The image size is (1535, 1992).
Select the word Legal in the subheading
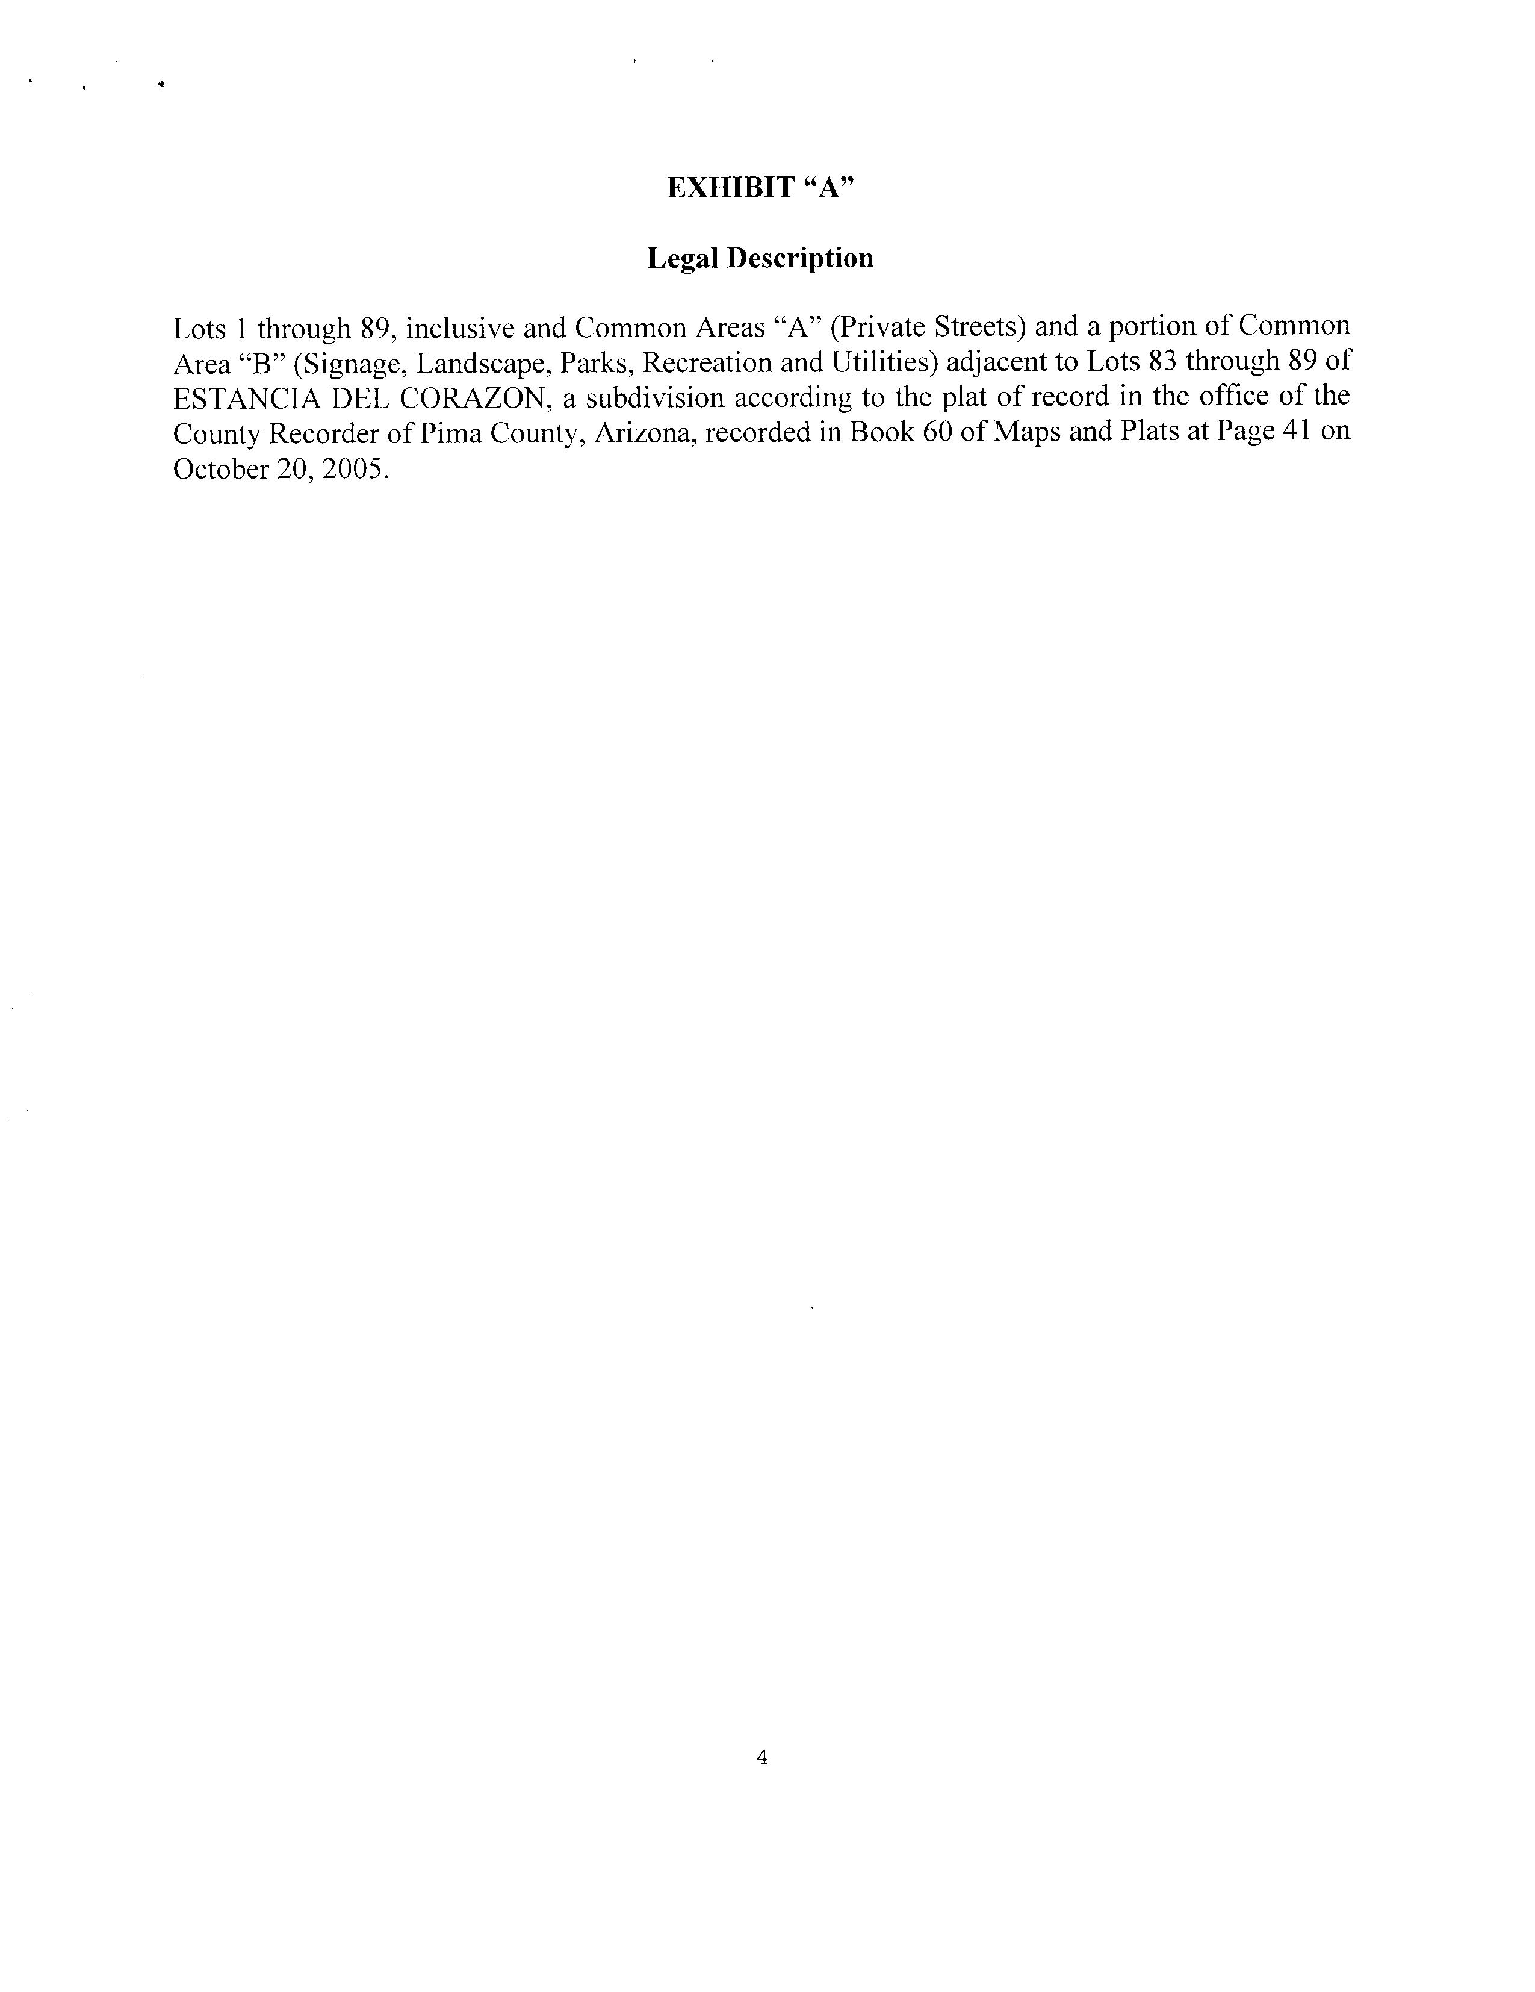[x=680, y=259]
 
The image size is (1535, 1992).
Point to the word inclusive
[x=459, y=327]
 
